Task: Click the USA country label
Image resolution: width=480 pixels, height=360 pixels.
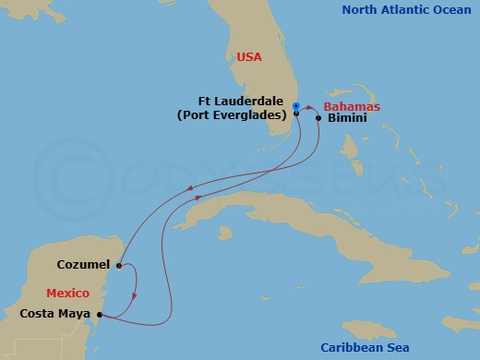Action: tap(249, 57)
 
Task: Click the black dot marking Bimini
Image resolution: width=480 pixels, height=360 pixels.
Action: tap(318, 118)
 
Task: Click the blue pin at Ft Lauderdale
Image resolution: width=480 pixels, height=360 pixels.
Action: tap(295, 105)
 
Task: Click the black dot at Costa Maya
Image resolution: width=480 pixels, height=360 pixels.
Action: tap(100, 315)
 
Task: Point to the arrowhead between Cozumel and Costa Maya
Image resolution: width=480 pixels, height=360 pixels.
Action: tap(135, 295)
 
